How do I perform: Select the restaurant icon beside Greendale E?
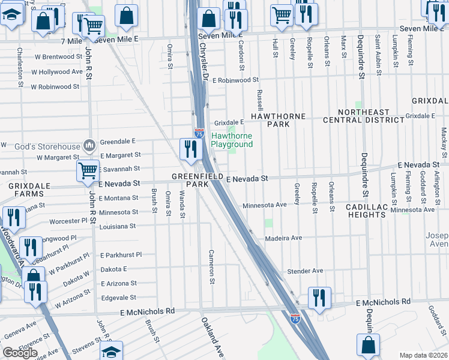coord(190,149)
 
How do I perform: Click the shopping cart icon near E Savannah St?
coord(88,170)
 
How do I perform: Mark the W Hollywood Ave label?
coord(50,71)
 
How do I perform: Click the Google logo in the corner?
coord(20,353)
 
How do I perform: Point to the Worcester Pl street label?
coord(69,221)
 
